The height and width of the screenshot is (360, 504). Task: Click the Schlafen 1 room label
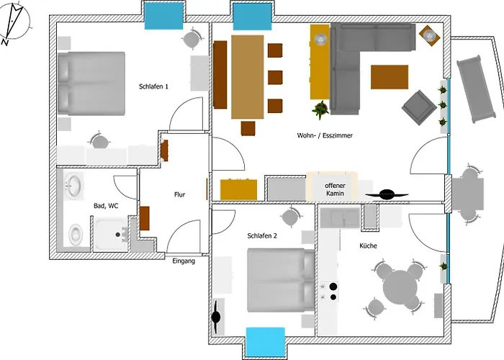(x=153, y=86)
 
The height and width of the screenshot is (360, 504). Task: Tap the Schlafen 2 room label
(x=262, y=236)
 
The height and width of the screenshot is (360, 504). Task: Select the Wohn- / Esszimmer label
(x=325, y=135)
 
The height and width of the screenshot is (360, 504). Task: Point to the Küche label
(x=368, y=246)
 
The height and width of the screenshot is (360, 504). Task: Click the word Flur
(x=180, y=194)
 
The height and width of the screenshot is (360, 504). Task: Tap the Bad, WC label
(x=106, y=206)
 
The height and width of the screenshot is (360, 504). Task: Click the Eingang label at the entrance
(x=184, y=261)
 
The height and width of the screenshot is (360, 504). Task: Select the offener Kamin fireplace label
(x=335, y=189)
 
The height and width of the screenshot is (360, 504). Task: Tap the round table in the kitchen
(x=400, y=286)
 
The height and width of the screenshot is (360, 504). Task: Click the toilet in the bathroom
(x=76, y=234)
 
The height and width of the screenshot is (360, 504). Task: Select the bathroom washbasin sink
(x=73, y=186)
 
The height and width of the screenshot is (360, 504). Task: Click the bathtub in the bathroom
(x=111, y=234)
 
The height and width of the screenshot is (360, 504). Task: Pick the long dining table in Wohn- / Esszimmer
(x=248, y=77)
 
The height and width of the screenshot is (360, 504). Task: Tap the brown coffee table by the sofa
(x=390, y=77)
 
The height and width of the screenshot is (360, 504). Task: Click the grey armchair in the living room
(x=419, y=108)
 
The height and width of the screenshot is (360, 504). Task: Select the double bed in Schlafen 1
(x=91, y=84)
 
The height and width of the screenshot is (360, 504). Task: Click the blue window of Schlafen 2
(x=265, y=342)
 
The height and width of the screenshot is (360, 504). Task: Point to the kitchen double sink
(x=340, y=218)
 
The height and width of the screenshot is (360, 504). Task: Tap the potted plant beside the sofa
(x=320, y=109)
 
